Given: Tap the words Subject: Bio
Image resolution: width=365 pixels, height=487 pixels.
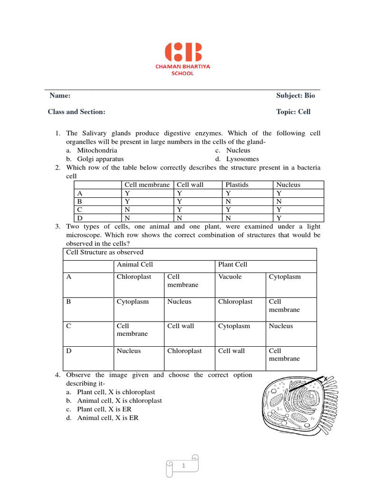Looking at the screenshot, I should click(x=295, y=96).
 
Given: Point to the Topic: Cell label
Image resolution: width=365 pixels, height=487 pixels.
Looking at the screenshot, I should click(x=293, y=112).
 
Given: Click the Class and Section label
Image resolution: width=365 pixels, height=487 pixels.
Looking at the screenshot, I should click(x=77, y=112).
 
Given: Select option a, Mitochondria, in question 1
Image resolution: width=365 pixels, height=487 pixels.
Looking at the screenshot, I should click(x=97, y=150).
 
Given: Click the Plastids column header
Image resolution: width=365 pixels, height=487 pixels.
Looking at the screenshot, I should click(x=237, y=185).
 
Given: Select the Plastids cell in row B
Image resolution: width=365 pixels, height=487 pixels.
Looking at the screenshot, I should click(x=228, y=202).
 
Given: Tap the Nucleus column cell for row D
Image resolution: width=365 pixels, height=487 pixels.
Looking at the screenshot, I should click(x=279, y=218).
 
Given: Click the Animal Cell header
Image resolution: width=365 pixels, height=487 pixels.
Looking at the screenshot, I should click(x=135, y=264).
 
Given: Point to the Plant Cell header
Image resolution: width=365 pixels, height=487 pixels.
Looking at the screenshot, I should click(x=232, y=264).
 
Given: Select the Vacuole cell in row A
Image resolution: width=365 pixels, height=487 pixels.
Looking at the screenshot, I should click(x=230, y=277).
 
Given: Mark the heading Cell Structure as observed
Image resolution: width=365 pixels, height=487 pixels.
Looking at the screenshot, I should click(x=104, y=253).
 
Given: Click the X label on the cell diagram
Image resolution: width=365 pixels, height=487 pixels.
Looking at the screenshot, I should click(x=325, y=379).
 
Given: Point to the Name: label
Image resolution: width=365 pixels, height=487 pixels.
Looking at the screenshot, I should click(x=60, y=96).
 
